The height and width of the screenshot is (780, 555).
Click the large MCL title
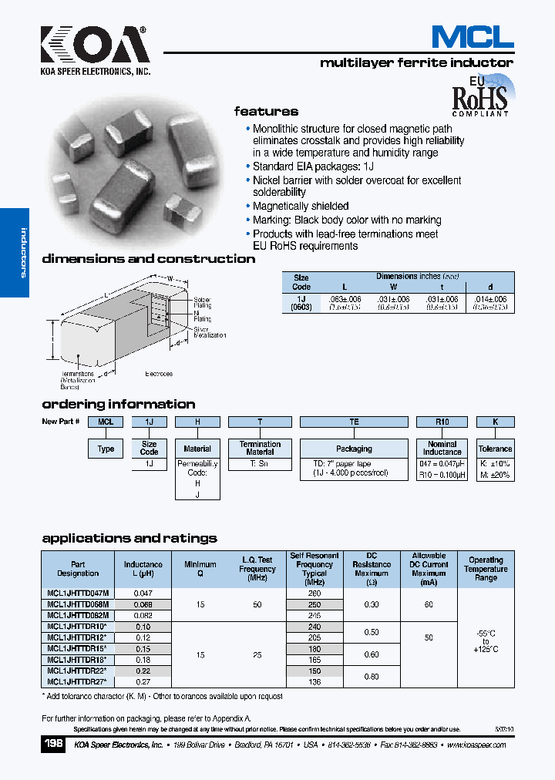click(x=472, y=36)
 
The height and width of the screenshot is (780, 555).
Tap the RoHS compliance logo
click(x=479, y=96)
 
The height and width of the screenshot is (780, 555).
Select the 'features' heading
click(x=266, y=111)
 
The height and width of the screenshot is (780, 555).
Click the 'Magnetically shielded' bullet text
click(x=301, y=207)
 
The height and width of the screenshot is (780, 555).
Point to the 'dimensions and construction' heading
click(x=148, y=259)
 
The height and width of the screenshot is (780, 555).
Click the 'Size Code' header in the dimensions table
click(x=301, y=281)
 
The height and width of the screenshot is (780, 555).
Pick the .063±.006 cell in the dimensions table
click(x=345, y=298)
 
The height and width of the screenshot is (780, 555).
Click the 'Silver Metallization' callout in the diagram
click(x=210, y=332)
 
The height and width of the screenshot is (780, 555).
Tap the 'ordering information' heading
click(x=118, y=404)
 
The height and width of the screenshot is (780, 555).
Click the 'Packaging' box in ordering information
click(x=354, y=449)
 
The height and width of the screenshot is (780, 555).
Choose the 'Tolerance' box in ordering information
click(x=495, y=449)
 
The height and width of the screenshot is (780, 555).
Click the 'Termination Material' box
click(x=260, y=449)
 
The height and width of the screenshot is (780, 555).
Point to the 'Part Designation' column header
click(x=78, y=569)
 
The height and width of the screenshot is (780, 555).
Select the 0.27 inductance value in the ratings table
click(x=143, y=682)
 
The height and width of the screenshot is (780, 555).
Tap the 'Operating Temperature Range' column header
click(x=486, y=569)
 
